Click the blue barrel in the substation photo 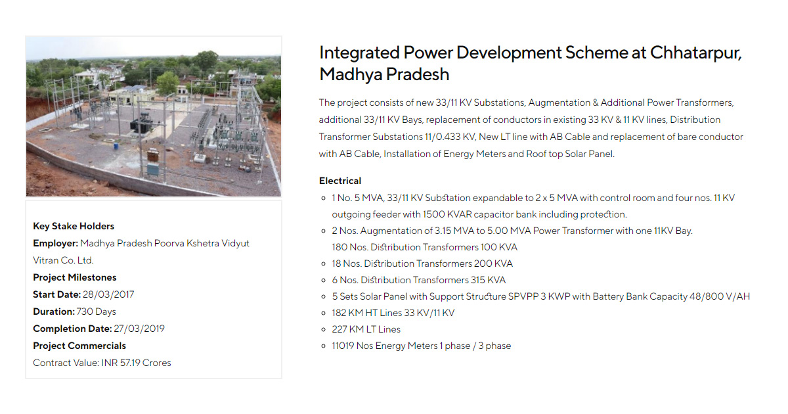116,145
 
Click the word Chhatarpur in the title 695,53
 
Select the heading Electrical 340,181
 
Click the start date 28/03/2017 108,294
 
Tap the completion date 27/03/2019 139,329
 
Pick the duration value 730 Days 96,311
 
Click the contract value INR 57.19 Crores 136,363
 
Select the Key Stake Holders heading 74,226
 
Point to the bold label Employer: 56,243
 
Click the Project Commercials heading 79,346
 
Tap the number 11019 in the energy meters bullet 343,346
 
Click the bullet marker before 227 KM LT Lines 323,329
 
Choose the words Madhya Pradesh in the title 384,74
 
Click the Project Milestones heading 75,277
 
